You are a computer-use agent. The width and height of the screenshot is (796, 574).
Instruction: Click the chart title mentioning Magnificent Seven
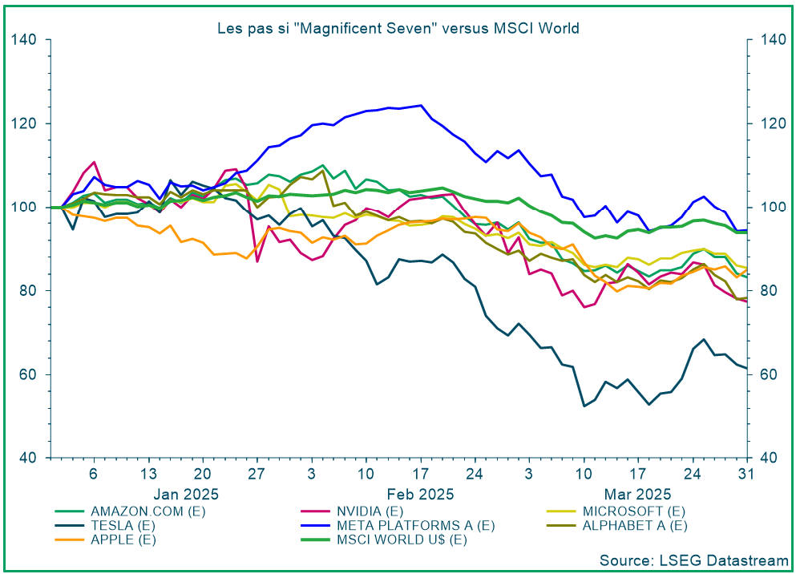[398, 28]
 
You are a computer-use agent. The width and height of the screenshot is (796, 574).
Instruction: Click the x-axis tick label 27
[257, 473]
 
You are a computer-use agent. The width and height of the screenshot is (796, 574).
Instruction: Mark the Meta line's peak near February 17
[420, 105]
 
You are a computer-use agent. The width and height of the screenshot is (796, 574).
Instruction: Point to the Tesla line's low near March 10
[584, 406]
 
